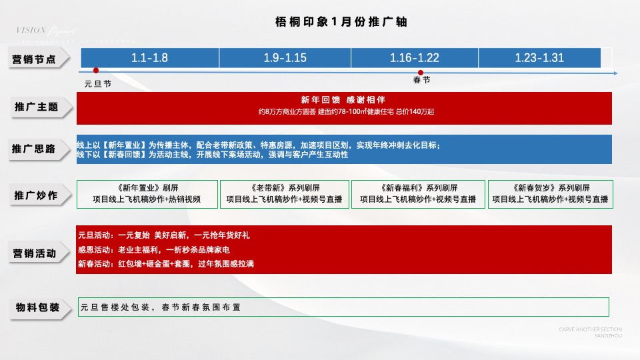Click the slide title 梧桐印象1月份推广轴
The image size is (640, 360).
341,22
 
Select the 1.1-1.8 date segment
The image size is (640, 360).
149,58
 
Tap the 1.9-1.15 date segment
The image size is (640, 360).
285,58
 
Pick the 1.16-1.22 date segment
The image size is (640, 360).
415,58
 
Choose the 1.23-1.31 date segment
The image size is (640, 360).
539,58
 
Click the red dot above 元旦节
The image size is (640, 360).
96,71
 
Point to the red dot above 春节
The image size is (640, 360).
421,73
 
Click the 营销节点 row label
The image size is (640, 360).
39,59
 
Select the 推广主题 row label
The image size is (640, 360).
39,107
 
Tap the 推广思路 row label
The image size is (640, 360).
39,149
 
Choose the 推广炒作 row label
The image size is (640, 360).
39,196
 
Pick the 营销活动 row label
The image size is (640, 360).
39,254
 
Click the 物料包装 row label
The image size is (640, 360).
39,307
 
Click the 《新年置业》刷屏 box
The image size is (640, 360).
147,193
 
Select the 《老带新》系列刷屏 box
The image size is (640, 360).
285,193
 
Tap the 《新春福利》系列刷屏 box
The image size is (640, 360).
418,193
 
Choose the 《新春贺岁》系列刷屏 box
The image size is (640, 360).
550,193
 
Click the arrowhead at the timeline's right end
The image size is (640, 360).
618,72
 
